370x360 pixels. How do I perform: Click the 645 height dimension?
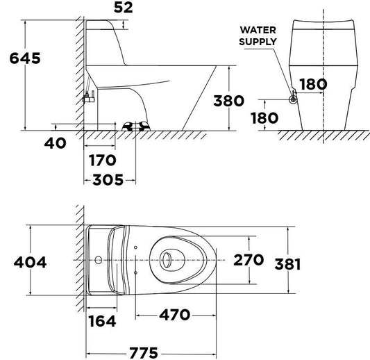pyautogui.click(x=25, y=58)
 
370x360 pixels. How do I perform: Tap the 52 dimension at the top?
pyautogui.click(x=124, y=8)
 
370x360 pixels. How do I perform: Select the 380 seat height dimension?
pyautogui.click(x=228, y=101)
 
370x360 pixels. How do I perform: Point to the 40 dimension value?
pyautogui.click(x=56, y=143)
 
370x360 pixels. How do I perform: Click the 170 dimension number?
pyautogui.click(x=103, y=160)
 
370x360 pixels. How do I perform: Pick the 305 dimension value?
pyautogui.click(x=108, y=179)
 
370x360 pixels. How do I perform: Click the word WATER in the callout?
pyautogui.click(x=258, y=30)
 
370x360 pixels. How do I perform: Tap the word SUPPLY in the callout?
pyautogui.click(x=258, y=42)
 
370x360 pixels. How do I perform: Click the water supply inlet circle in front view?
pyautogui.click(x=293, y=99)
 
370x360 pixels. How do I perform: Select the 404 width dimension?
pyautogui.click(x=31, y=262)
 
